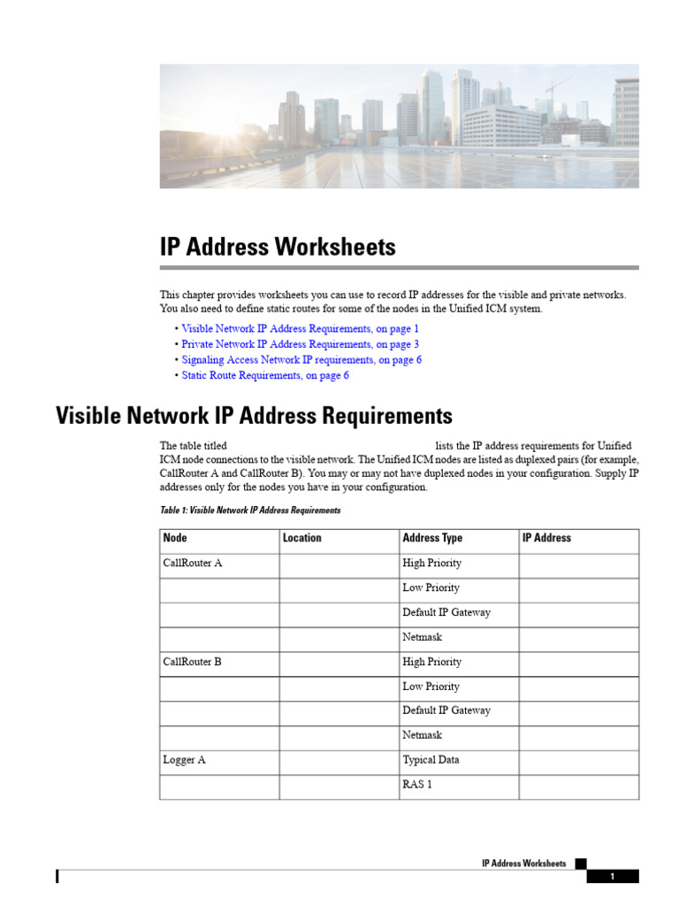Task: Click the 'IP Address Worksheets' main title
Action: (278, 247)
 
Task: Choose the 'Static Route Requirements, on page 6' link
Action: (265, 375)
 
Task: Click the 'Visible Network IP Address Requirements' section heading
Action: (254, 416)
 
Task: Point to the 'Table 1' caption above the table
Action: (249, 511)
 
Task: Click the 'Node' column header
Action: (175, 538)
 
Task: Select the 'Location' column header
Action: (302, 538)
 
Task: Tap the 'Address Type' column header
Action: (432, 538)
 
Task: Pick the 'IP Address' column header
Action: (547, 538)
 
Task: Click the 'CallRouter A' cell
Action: (193, 563)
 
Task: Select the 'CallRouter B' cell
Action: (193, 662)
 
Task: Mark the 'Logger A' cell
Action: (185, 760)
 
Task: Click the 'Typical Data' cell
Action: (431, 760)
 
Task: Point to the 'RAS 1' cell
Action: (417, 784)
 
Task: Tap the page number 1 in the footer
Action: (612, 877)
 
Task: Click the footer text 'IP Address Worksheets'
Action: (523, 863)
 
